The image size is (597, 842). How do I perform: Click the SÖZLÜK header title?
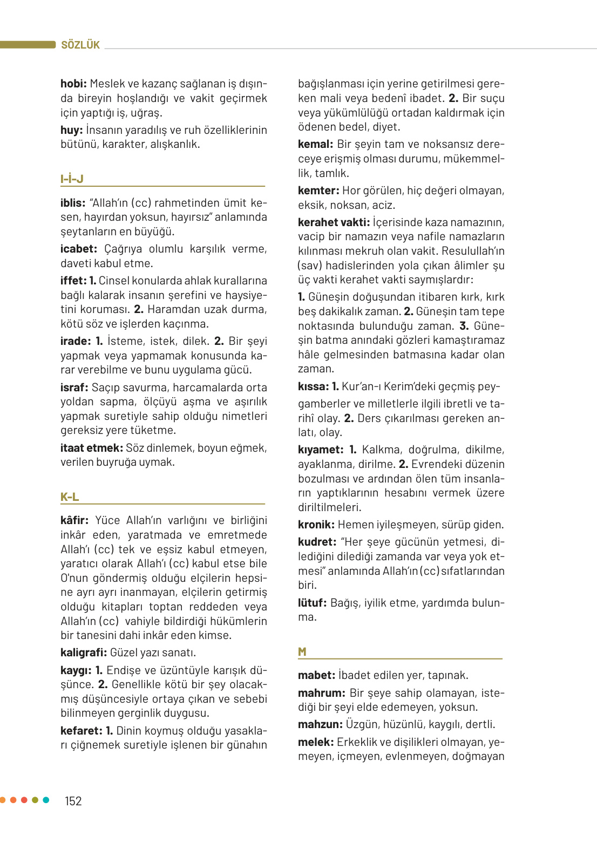[80, 45]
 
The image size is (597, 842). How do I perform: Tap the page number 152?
[73, 801]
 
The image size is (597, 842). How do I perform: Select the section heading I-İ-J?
[72, 179]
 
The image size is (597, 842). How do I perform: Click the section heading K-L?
[70, 497]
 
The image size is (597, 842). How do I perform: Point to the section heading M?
[302, 651]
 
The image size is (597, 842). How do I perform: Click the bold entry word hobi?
[73, 84]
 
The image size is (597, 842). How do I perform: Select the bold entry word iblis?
[73, 203]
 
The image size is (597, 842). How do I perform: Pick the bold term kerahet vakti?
[334, 222]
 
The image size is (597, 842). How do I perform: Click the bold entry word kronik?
[316, 525]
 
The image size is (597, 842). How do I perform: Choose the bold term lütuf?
[312, 603]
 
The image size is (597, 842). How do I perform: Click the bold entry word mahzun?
[320, 724]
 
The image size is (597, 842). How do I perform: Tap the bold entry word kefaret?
[82, 731]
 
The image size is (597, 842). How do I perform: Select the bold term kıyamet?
[321, 450]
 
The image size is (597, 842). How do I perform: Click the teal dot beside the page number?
[46, 800]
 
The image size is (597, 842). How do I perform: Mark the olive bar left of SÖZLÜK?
[28, 45]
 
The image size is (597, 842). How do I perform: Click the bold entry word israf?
[74, 388]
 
